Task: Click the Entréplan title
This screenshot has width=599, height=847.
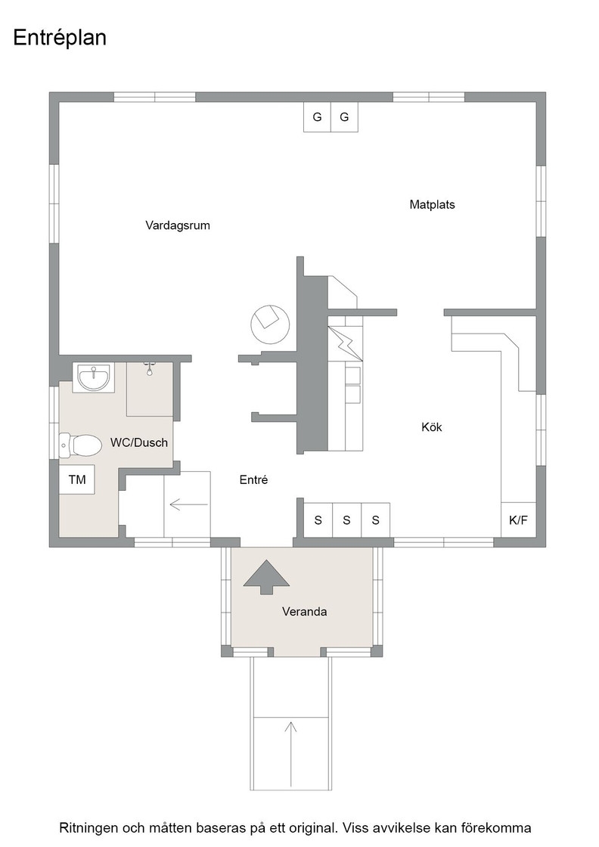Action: (60, 39)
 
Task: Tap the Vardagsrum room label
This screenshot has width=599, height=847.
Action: (178, 225)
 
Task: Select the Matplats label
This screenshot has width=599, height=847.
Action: (432, 205)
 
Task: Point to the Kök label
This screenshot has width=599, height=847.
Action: (432, 427)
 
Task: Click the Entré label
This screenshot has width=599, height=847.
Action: (254, 479)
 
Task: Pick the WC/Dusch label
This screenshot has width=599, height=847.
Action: (139, 443)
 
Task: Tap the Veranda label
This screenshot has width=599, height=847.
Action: (305, 612)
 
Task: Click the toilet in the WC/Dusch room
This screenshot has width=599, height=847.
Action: (80, 445)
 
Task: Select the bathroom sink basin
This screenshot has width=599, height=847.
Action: (94, 377)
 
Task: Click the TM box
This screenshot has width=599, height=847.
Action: (77, 479)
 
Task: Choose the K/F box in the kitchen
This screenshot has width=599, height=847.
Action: (519, 520)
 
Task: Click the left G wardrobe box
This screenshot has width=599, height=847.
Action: (317, 116)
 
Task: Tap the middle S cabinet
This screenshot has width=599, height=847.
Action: (346, 520)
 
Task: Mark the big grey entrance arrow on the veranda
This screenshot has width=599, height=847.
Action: (266, 577)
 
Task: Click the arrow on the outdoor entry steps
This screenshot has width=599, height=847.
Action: (291, 753)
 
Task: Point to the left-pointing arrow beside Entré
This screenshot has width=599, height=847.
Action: (189, 504)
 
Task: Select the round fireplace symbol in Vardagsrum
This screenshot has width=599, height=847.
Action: (270, 324)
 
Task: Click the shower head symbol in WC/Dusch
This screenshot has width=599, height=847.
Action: (150, 368)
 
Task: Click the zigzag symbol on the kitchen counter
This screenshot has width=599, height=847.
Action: (345, 343)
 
